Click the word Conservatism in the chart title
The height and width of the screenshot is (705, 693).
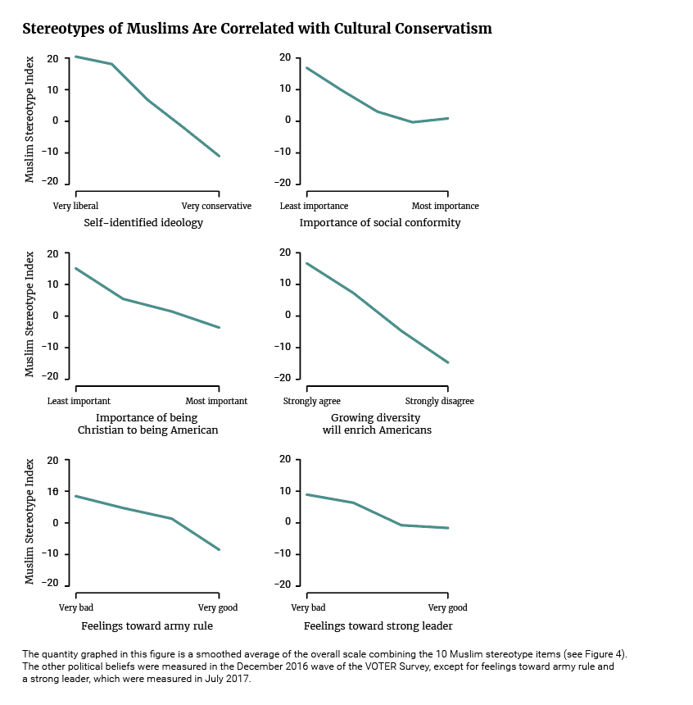coord(443,29)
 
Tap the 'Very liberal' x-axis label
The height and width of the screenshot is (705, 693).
coord(75,206)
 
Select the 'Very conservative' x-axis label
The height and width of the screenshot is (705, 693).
coord(216,206)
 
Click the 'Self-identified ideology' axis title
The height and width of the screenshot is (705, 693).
coord(143,222)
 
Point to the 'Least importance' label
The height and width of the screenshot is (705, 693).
coord(314,206)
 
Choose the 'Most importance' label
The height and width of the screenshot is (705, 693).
coord(446,206)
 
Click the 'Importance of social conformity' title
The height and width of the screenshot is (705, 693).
coord(380,222)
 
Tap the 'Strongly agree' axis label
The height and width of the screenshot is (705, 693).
coord(312,401)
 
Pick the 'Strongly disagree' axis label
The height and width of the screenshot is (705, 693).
coord(440,401)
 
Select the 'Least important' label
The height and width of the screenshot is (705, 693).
coord(79,401)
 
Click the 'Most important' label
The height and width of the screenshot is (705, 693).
coord(216,401)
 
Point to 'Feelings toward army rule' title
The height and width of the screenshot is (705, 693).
coord(147,625)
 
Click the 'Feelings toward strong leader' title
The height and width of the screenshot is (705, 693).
coord(378,625)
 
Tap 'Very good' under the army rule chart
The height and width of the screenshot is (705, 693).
coord(218,607)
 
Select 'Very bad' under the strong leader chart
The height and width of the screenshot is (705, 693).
coord(308,607)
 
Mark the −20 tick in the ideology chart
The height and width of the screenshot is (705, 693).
coord(50,181)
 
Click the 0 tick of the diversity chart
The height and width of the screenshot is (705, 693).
coord(288,315)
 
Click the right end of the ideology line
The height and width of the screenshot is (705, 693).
coord(220,156)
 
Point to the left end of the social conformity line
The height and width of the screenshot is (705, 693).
coord(306,67)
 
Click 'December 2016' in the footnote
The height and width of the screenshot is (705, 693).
coord(269,666)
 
